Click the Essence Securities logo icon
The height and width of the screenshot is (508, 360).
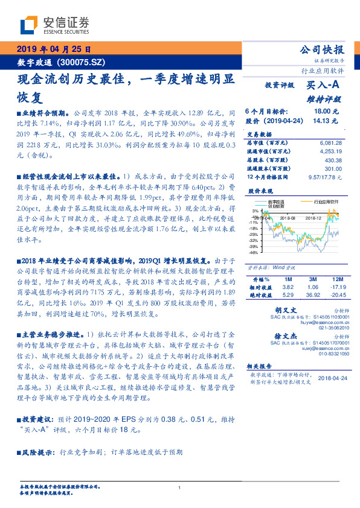coord(31,25)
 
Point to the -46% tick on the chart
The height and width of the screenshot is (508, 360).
coord(254,253)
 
